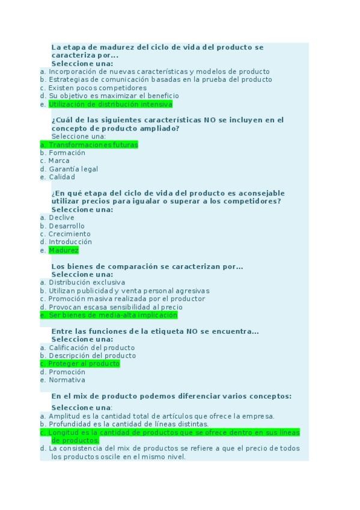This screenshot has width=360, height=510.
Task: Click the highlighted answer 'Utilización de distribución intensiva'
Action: tap(110, 104)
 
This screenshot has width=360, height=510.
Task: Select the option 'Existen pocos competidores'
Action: tap(97, 88)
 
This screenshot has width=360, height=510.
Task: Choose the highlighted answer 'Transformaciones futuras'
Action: tap(93, 145)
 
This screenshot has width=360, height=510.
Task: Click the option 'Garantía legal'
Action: tap(73, 169)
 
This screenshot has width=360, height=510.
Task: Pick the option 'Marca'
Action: tap(59, 161)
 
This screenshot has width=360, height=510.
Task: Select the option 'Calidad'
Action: tap(62, 177)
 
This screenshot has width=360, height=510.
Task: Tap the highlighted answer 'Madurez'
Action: tap(64, 250)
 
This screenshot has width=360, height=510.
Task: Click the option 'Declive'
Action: tap(62, 218)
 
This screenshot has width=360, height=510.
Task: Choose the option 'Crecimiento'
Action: tap(70, 234)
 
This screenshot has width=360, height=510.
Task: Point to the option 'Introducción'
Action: tap(70, 242)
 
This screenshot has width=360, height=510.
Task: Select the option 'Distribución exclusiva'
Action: tap(87, 282)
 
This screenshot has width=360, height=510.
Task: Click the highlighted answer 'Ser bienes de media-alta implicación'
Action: tap(113, 315)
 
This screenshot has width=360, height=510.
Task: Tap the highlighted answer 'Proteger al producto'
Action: tap(84, 364)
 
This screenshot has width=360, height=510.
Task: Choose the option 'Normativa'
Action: tap(67, 380)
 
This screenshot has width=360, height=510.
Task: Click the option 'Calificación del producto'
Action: tap(91, 348)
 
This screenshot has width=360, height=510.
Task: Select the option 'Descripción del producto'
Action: tap(92, 355)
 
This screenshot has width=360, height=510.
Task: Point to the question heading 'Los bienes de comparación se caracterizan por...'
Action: tap(147, 266)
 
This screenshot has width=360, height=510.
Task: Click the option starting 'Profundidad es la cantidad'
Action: tap(129, 424)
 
